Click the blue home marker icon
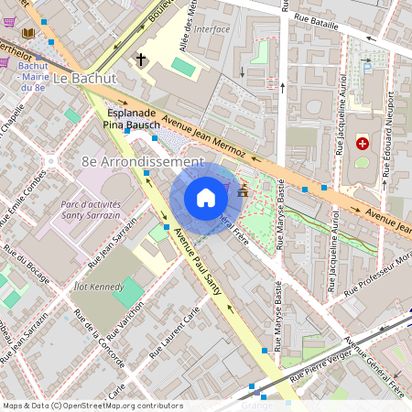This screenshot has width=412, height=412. click(x=206, y=197)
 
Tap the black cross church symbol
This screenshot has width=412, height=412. click(x=142, y=60)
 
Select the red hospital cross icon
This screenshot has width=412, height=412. click(x=363, y=144)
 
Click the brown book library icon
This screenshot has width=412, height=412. click(x=27, y=34)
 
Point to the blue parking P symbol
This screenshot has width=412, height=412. click(x=368, y=66)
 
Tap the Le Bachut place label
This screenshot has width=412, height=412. click(x=84, y=79)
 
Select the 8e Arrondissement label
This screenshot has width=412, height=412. click(x=142, y=161)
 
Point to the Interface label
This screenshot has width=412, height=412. click(x=212, y=28)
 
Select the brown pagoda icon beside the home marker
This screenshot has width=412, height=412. click(x=242, y=192)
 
